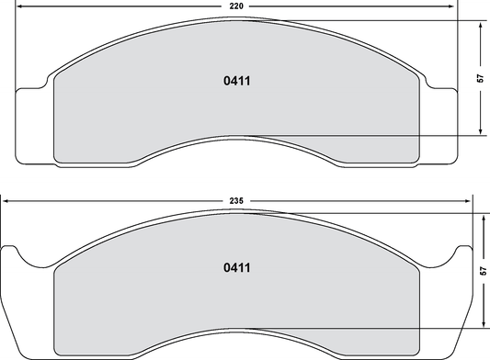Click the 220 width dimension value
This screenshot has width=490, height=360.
pyautogui.click(x=237, y=6)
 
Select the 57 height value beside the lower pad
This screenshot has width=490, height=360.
pyautogui.click(x=482, y=272)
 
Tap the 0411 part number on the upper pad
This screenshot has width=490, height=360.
pyautogui.click(x=237, y=81)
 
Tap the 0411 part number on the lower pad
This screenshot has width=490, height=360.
pyautogui.click(x=237, y=268)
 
